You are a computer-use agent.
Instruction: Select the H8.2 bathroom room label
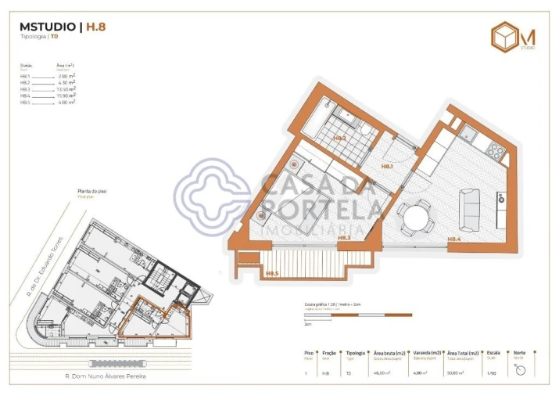339,138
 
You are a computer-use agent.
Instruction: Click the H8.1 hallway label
387,167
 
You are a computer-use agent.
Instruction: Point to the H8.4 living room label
454,239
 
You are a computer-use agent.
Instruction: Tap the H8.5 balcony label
272,273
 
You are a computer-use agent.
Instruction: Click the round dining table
414,217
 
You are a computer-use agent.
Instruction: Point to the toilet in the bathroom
366,128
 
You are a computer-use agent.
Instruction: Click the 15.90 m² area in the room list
66,96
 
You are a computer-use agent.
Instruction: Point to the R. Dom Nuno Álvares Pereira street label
106,376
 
